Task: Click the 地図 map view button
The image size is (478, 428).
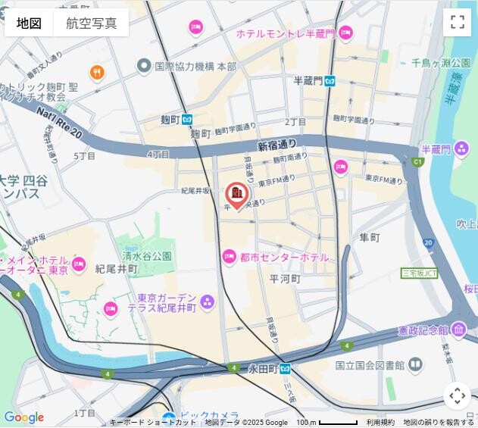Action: coord(29,23)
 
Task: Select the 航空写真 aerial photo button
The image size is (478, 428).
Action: coord(91,23)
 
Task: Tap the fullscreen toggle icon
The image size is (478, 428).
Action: coord(457,22)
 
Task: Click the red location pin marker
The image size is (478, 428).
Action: coord(236,195)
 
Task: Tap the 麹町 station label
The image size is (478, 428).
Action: coord(170,120)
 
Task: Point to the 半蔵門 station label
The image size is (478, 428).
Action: coord(308,81)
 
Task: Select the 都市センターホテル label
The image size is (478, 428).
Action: coord(284,258)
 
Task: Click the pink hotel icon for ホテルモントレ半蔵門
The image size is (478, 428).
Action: coord(345,33)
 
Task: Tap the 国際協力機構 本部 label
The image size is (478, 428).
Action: coord(195,67)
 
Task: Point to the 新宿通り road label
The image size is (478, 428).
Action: coord(277,145)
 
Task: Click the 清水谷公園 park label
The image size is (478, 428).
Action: coord(147,257)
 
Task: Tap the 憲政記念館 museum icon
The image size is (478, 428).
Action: coord(459,330)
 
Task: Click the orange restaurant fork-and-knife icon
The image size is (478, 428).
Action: coord(97,73)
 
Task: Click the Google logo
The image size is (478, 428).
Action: coord(23,417)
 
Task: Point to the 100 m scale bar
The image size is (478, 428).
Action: coord(326,422)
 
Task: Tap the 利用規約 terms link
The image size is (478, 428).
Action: coord(380,423)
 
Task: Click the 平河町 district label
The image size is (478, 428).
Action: coord(286,279)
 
